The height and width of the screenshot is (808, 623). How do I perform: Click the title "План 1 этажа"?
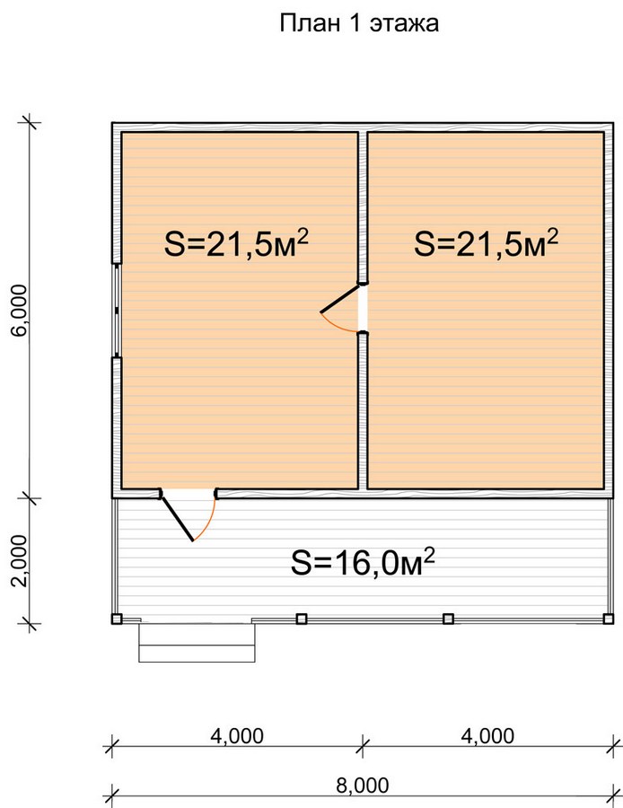click(359, 23)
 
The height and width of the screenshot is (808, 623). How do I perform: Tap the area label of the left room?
click(236, 242)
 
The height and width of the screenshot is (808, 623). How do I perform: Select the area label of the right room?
click(487, 242)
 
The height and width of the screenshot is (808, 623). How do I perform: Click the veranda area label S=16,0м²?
click(364, 562)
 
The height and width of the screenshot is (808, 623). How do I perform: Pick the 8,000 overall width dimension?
click(363, 786)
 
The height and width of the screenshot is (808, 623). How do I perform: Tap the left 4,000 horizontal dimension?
click(237, 736)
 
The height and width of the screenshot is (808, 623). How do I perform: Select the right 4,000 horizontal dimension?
click(487, 736)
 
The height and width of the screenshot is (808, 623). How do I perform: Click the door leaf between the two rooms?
click(339, 298)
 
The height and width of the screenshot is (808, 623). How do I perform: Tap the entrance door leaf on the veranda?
click(177, 516)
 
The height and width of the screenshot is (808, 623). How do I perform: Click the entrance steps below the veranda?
click(197, 642)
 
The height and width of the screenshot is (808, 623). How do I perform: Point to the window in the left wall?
click(117, 311)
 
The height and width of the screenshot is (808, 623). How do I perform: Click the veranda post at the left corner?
click(117, 619)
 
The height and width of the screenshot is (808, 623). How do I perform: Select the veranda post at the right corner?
click(609, 619)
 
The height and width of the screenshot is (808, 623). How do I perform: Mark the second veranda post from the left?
click(302, 619)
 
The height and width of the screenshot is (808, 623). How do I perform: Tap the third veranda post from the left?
click(448, 619)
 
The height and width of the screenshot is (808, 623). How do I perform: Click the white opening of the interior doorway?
click(364, 308)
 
